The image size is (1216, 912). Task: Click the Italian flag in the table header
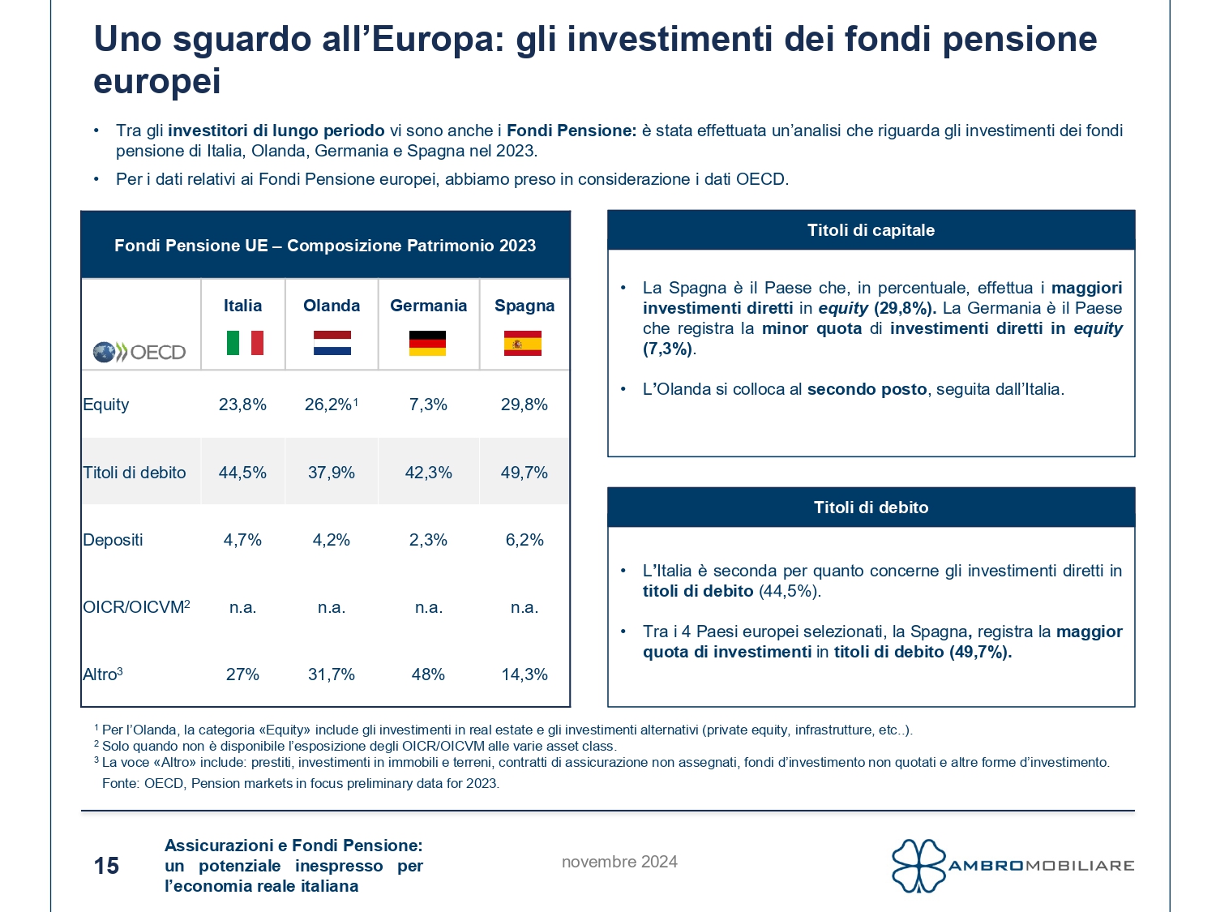pos(245,343)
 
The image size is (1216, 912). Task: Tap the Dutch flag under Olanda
pos(332,343)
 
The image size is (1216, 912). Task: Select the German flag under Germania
pos(427,343)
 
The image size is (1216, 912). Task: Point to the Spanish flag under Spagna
pos(523,343)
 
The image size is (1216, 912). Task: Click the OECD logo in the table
pos(139,352)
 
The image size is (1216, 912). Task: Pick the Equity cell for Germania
pos(428,405)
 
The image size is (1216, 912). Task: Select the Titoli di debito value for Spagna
pos(524,473)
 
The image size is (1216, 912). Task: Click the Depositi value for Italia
pos(242,540)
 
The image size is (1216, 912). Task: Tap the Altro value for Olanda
pos(331,674)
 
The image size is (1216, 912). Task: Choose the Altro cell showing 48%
pos(428,674)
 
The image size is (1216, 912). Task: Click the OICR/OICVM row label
pos(136,607)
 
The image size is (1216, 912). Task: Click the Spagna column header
pos(525,306)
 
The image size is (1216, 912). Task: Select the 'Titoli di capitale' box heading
pos(871,230)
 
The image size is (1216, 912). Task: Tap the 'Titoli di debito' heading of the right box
pos(871,507)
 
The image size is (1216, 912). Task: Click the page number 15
pos(106,866)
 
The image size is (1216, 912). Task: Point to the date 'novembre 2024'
pos(619,862)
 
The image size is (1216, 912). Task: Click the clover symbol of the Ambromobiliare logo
pos(918,866)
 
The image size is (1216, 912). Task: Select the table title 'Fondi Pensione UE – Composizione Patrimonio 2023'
pos(325,246)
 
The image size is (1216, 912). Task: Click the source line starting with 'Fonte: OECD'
pos(301,783)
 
